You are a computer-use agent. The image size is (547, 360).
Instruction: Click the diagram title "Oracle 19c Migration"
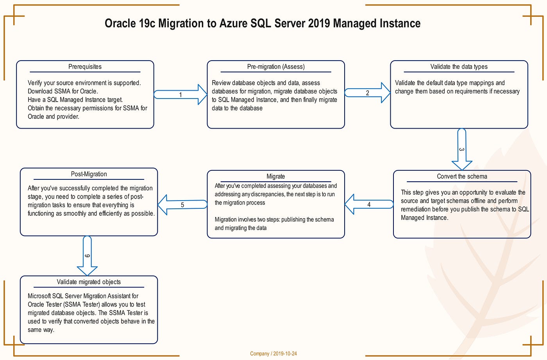263,23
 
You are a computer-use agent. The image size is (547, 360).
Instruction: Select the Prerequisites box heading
85,67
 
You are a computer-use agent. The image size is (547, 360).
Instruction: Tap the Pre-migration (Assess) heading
276,67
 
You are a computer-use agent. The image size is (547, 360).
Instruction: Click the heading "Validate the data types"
459,67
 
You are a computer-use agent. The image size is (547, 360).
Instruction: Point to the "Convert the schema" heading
462,177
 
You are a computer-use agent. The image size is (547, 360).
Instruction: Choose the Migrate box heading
275,177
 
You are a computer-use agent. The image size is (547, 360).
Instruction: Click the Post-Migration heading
89,174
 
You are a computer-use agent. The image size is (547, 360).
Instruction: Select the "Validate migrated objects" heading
89,282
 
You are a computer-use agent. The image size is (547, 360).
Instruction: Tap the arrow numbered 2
368,93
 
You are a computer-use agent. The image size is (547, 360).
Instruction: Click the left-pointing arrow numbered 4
368,204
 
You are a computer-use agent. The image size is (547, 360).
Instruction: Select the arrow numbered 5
182,205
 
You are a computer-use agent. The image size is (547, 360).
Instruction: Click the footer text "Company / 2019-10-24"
273,354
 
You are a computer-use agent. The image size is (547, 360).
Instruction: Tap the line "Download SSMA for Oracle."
63,91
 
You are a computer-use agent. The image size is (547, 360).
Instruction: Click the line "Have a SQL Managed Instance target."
75,100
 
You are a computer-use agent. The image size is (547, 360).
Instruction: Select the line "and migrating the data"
240,228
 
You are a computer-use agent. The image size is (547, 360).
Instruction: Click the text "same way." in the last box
41,330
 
